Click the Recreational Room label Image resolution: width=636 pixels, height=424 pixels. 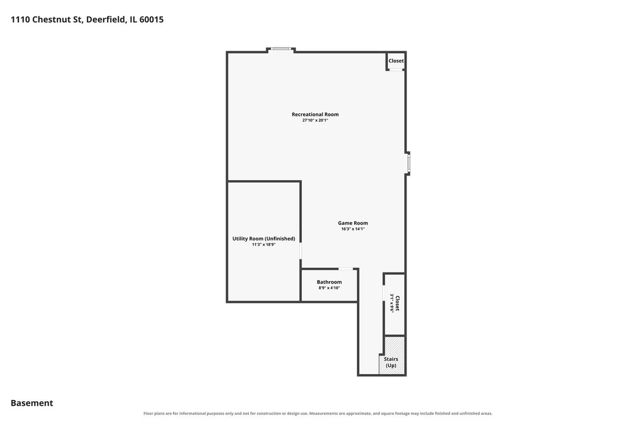(x=315, y=114)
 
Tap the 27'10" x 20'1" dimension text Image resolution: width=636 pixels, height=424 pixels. (x=315, y=120)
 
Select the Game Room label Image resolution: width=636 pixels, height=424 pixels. (x=353, y=223)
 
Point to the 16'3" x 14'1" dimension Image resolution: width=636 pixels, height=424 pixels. (x=353, y=229)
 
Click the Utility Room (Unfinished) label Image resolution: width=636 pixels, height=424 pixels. (x=263, y=239)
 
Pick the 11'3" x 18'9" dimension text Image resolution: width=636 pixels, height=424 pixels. (x=263, y=244)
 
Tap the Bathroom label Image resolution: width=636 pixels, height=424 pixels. (x=329, y=282)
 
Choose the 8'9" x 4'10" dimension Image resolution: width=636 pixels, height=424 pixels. (x=329, y=288)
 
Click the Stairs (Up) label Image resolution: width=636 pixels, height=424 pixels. (x=391, y=362)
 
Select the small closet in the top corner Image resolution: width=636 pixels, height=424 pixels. (x=396, y=61)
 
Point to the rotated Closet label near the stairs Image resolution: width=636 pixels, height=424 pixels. (x=397, y=303)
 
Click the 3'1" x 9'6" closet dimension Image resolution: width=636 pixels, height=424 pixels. (x=392, y=303)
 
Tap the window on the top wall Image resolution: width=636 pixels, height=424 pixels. (x=281, y=49)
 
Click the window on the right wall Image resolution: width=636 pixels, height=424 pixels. (x=409, y=163)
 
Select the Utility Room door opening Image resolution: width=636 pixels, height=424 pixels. (x=301, y=251)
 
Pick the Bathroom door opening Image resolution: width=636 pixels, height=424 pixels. (x=346, y=269)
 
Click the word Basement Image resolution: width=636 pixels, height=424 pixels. (x=32, y=403)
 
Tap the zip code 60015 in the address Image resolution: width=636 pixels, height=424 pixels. (x=152, y=20)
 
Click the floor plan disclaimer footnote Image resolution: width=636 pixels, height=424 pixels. (x=318, y=414)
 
